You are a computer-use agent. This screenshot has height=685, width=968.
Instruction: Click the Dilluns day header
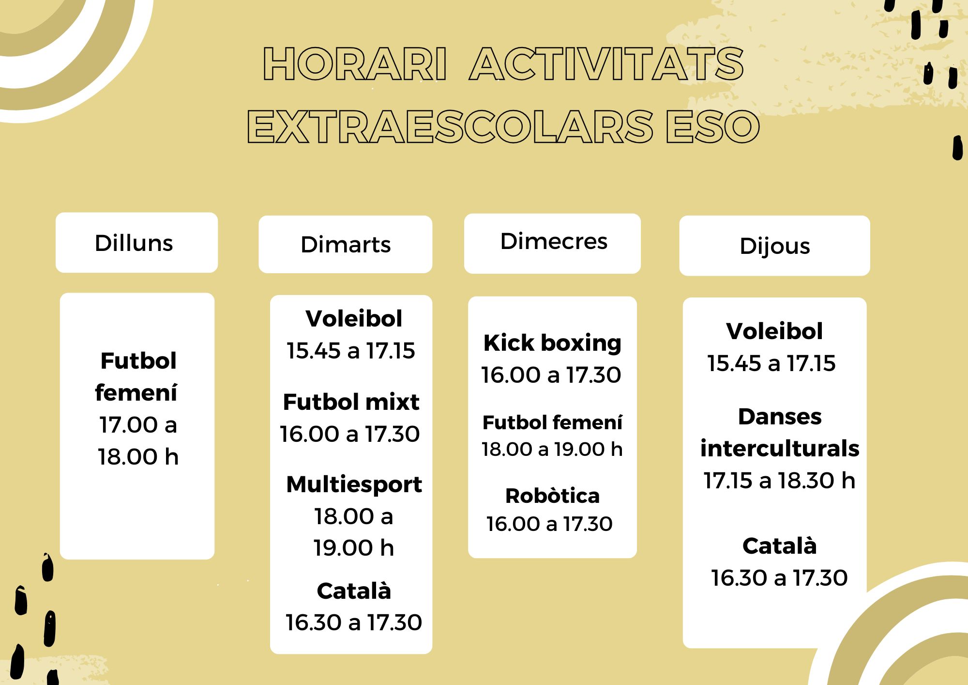[134, 243]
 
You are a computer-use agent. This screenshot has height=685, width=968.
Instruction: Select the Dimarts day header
[346, 245]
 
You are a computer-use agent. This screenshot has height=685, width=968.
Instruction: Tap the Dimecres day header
[553, 241]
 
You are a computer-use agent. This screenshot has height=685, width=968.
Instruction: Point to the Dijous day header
[774, 247]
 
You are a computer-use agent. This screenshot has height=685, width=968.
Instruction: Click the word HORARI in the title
[355, 64]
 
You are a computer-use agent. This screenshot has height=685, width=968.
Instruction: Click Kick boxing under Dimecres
[552, 343]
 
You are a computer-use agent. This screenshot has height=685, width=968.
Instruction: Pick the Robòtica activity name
[552, 496]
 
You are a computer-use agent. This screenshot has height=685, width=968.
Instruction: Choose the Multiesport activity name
[354, 485]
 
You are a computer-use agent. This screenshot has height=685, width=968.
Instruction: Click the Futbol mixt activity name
[351, 402]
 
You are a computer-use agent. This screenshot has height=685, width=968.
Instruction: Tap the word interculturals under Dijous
[780, 449]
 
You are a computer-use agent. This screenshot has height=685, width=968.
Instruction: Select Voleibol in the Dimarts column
[354, 319]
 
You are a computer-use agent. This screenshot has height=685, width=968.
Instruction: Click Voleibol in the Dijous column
[774, 331]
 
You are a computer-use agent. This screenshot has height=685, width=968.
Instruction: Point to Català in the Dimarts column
[354, 591]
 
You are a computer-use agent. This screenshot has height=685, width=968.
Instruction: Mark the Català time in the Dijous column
[779, 578]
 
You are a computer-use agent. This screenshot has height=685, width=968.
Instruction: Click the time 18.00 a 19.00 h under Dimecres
[552, 450]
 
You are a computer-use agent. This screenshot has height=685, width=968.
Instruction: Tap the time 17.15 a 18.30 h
[779, 481]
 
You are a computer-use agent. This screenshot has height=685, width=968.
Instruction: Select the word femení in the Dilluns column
[136, 392]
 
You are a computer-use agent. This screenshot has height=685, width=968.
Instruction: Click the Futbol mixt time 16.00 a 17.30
[349, 434]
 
